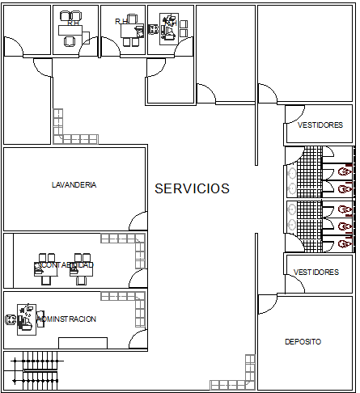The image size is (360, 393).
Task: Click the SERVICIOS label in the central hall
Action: click(192, 188)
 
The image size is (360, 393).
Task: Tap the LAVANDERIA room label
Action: click(74, 184)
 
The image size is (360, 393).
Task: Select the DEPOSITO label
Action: click(303, 342)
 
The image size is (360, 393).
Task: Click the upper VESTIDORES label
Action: click(320, 125)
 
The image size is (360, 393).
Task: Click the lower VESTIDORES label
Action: click(316, 273)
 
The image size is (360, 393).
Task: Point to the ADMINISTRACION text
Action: click(66, 319)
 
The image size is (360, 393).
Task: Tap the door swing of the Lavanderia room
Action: click(138, 221)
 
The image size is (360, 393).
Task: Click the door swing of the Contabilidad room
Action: click(139, 279)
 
